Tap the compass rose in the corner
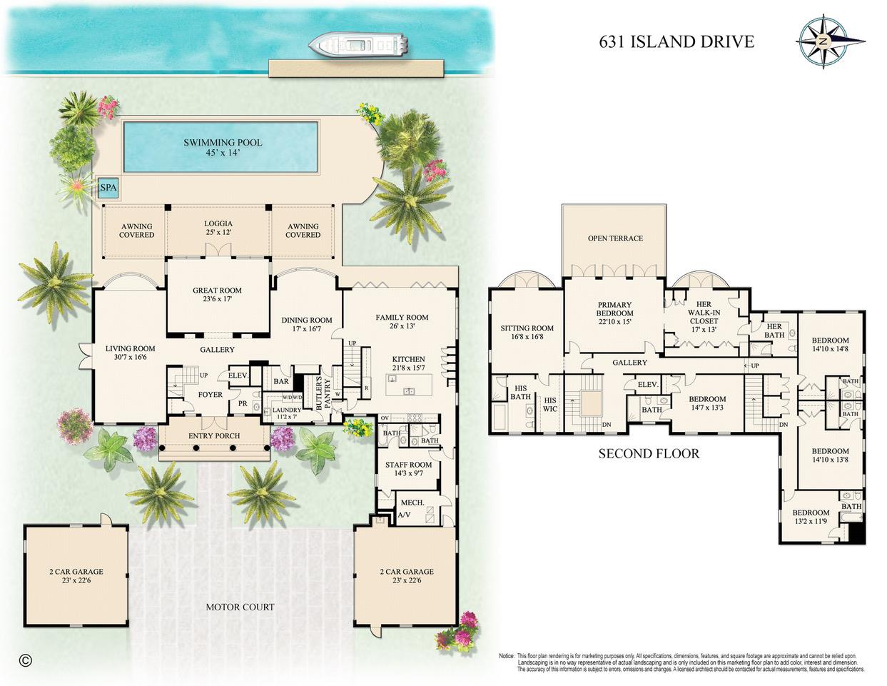point(821,42)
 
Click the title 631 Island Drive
point(676,41)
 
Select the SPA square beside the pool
point(108,188)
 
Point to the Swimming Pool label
point(223,143)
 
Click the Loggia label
point(218,223)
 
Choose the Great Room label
point(217,291)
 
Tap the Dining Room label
point(307,321)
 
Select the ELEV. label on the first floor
point(238,376)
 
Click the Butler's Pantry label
point(323,392)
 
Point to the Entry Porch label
point(214,435)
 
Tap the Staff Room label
point(408,465)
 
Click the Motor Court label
point(240,607)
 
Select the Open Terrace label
point(615,238)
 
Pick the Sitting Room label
point(527,329)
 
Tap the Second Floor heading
point(649,453)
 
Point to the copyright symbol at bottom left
point(26,660)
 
